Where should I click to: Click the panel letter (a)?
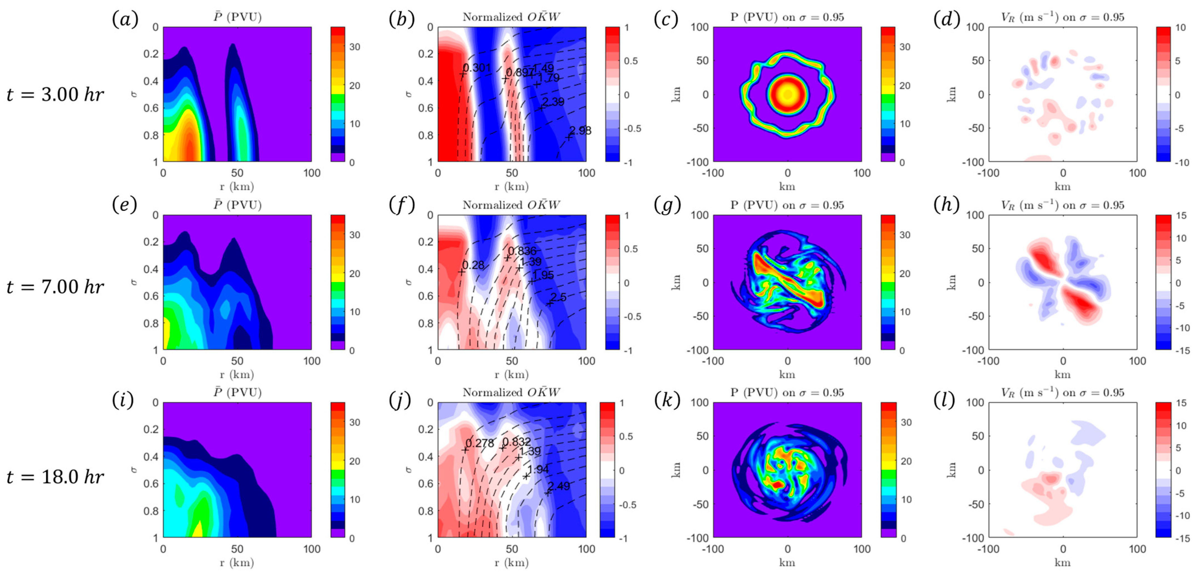click(x=125, y=19)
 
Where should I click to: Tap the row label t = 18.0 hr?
click(x=55, y=477)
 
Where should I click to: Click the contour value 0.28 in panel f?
click(x=473, y=265)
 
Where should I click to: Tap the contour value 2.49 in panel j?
click(x=559, y=486)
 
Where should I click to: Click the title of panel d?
click(x=1062, y=17)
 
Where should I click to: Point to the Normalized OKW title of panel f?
click(x=511, y=205)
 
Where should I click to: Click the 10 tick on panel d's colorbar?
click(x=1180, y=28)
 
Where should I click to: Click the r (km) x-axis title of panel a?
click(x=237, y=186)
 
